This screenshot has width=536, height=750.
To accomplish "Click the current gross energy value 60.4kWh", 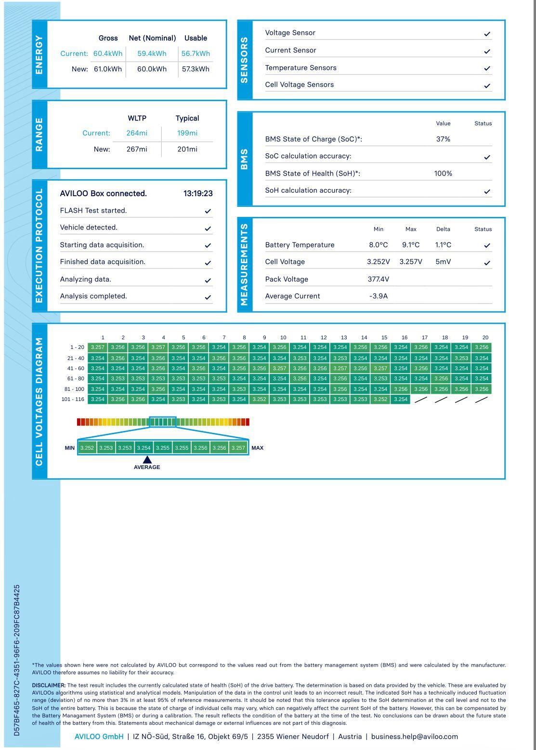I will pyautogui.click(x=108, y=54).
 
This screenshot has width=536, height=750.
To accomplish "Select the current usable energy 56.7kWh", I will pyautogui.click(x=196, y=54).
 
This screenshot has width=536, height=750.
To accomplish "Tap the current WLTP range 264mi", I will pyautogui.click(x=137, y=133).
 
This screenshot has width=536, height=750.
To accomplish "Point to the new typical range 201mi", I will pyautogui.click(x=187, y=149).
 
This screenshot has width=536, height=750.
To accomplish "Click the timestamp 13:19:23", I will pyautogui.click(x=198, y=193).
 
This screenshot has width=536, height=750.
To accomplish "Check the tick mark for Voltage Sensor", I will pyautogui.click(x=487, y=34).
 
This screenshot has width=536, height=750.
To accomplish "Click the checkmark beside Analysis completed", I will pyautogui.click(x=208, y=297).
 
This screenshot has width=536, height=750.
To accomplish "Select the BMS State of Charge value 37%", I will pyautogui.click(x=443, y=139).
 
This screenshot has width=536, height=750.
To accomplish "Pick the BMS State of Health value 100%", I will pyautogui.click(x=443, y=174).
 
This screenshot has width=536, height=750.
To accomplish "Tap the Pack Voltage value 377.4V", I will pyautogui.click(x=379, y=279).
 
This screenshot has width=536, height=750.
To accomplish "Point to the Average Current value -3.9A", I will pyautogui.click(x=379, y=296).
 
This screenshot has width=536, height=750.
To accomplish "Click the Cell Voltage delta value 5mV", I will pyautogui.click(x=443, y=262).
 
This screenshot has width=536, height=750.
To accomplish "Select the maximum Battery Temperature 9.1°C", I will pyautogui.click(x=411, y=245).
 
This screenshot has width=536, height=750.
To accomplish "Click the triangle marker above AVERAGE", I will pyautogui.click(x=147, y=460).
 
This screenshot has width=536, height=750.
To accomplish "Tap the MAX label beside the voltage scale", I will pyautogui.click(x=257, y=448).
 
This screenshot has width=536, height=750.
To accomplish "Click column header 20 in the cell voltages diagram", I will pyautogui.click(x=485, y=337).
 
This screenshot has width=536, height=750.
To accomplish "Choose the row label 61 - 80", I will pyautogui.click(x=76, y=378).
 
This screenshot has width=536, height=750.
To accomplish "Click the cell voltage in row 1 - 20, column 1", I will pyautogui.click(x=97, y=347).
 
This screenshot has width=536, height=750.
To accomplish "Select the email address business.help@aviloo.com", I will pyautogui.click(x=414, y=737).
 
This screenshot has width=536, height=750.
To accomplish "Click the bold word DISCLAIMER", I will pyautogui.click(x=49, y=685).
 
